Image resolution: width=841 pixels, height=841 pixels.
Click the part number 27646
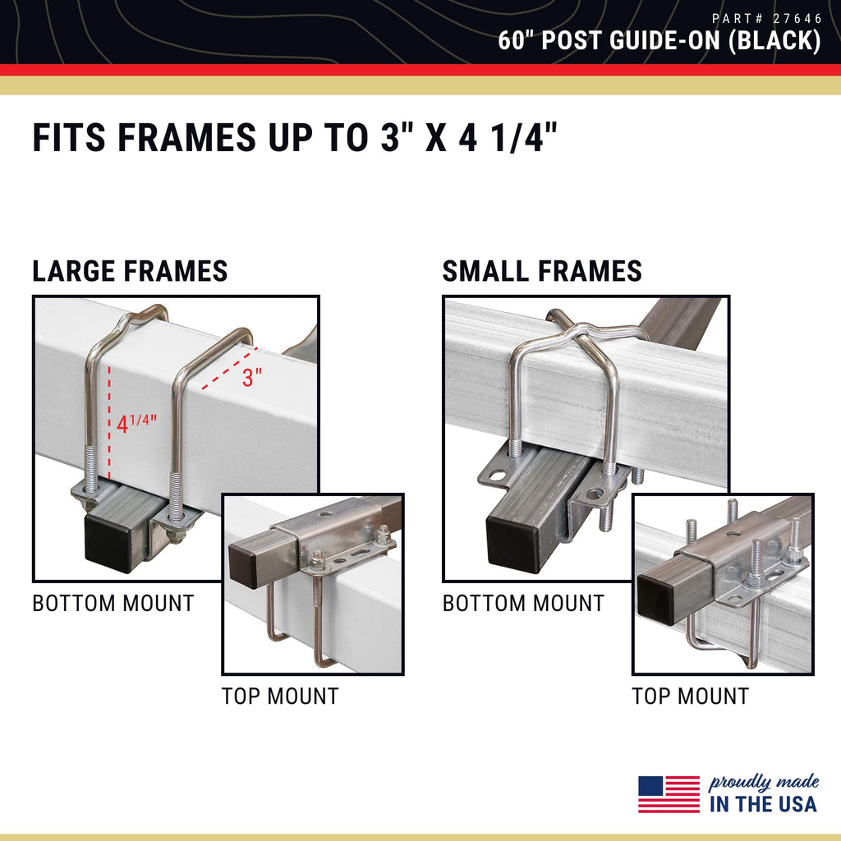pos(797,19)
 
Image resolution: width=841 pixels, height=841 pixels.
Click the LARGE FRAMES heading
pos(130,271)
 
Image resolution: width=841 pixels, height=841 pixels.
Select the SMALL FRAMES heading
pos(542,271)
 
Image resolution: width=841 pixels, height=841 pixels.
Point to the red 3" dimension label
pos(251,377)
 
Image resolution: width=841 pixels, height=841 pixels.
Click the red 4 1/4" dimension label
pos(136,423)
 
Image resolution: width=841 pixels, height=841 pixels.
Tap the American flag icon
pos(669,794)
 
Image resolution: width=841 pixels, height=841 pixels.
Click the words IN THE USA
pos(763,804)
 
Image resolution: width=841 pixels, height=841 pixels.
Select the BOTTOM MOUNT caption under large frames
pos(113,604)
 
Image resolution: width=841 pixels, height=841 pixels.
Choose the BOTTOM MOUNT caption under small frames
pos(523,604)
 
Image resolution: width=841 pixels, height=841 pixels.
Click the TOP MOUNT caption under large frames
pos(280,696)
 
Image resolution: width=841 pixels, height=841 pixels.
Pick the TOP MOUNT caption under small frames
pos(690,696)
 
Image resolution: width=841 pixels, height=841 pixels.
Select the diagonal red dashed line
pos(229,368)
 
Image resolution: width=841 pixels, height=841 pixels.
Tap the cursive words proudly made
pos(764,783)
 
